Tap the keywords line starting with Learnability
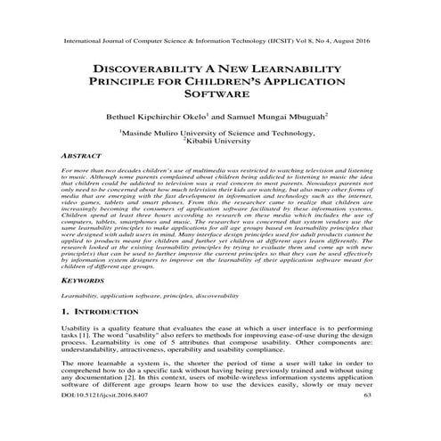(x=151, y=294)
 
